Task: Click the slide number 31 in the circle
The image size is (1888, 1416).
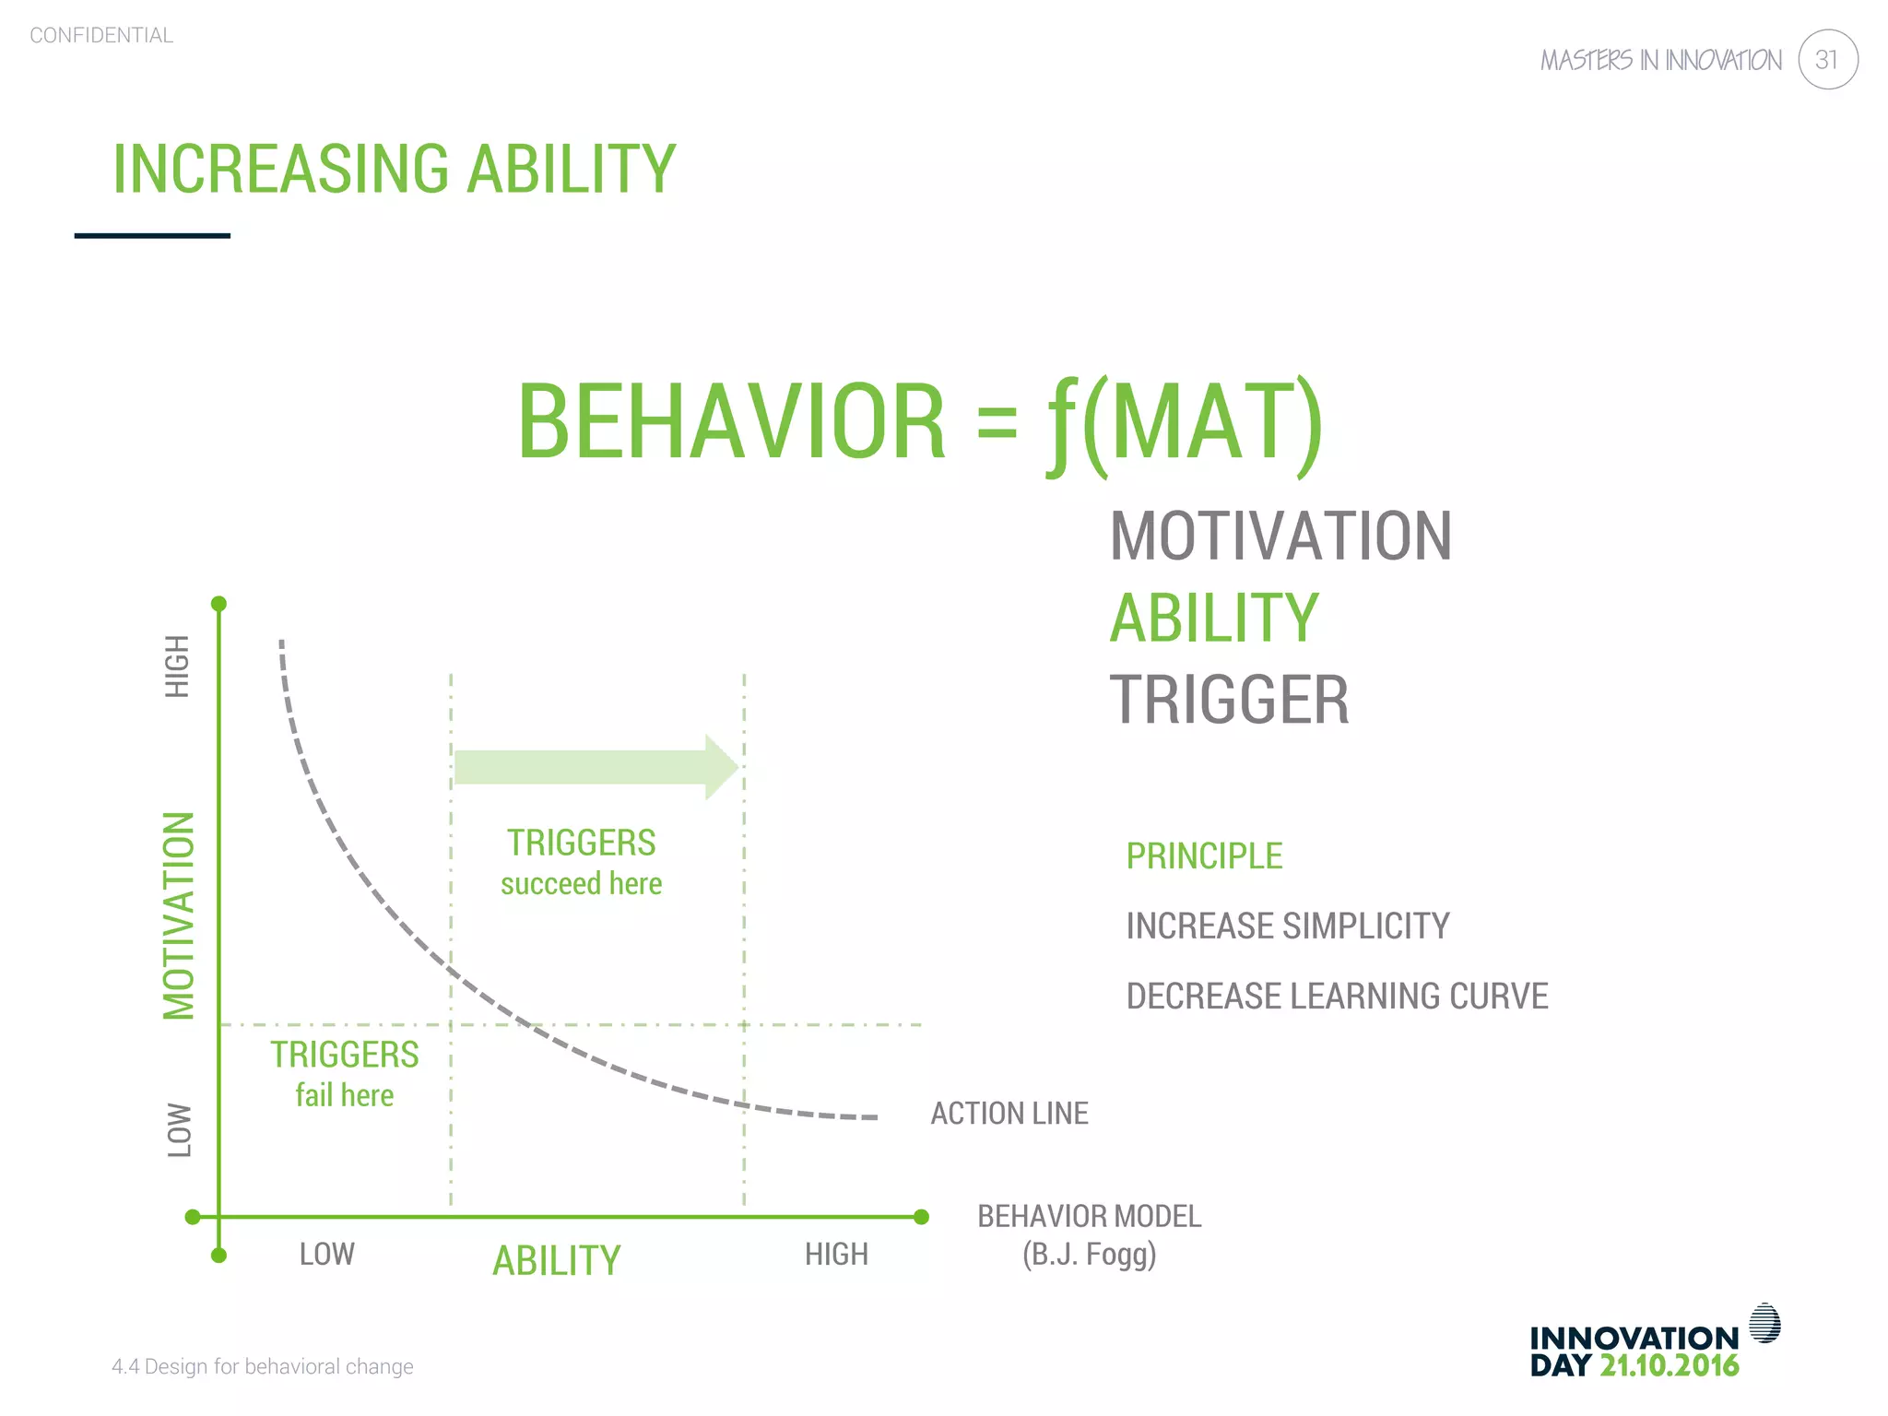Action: [x=1826, y=60]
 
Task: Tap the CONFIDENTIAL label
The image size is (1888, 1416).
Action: [x=101, y=36]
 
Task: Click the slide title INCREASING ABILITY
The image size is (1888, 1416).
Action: [x=394, y=170]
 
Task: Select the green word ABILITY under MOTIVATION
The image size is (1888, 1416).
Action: [x=1213, y=619]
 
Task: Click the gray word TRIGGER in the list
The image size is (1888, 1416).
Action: [x=1229, y=700]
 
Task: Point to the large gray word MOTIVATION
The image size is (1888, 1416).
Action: [x=1280, y=537]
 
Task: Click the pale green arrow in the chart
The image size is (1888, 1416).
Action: [x=596, y=767]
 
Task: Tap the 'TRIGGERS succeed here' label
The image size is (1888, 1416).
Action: [x=581, y=862]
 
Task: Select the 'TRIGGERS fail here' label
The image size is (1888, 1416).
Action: [x=344, y=1074]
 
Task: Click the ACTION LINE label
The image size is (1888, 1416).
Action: [x=1009, y=1114]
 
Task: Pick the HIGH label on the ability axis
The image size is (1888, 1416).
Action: [x=836, y=1255]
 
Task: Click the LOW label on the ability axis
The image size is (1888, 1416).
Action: [x=326, y=1255]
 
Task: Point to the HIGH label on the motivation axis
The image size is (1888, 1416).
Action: [x=177, y=666]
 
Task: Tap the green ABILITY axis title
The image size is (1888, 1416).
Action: [x=556, y=1260]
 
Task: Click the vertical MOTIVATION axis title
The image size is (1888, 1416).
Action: [x=179, y=915]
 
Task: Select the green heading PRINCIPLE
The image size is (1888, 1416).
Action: [x=1203, y=856]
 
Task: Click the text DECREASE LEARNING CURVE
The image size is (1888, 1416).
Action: [x=1336, y=997]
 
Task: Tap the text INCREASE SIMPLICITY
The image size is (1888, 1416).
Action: [x=1287, y=926]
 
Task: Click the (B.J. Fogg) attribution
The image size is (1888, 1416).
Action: [x=1089, y=1255]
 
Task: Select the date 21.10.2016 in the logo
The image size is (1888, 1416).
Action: [x=1669, y=1365]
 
